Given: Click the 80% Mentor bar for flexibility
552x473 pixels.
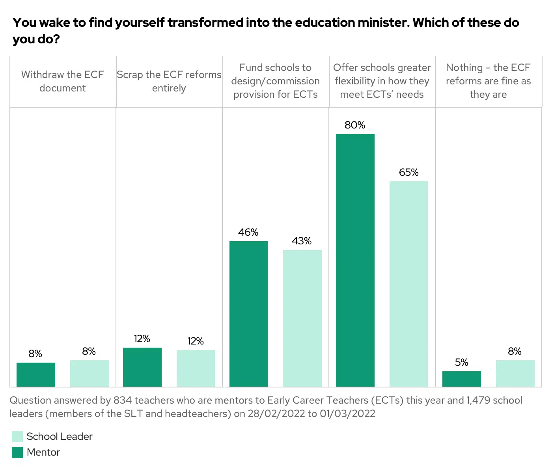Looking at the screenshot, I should [x=355, y=260].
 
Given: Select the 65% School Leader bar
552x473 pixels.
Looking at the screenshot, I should [x=408, y=284].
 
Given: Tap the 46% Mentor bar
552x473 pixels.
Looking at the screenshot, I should [x=248, y=314].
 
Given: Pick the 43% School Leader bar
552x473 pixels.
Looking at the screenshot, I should [x=302, y=318].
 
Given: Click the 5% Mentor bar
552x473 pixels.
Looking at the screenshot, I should [x=461, y=379].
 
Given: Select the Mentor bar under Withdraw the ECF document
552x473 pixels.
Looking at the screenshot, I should [x=35, y=374].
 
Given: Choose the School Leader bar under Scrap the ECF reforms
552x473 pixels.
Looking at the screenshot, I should [x=196, y=368].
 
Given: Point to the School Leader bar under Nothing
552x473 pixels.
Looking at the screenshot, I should [x=515, y=373].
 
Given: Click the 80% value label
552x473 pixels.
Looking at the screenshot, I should [x=355, y=125].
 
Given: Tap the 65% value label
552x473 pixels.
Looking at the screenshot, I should [x=408, y=173].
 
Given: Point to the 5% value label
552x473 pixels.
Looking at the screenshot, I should [x=461, y=363].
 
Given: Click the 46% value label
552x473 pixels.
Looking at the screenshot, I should [x=248, y=233].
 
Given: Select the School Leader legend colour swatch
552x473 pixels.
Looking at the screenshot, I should [x=17, y=437].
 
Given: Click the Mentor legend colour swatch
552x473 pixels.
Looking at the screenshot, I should [x=17, y=453].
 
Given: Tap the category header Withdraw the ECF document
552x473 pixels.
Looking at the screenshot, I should [x=62, y=81].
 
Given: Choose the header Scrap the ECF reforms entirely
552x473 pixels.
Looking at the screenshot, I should [x=169, y=81].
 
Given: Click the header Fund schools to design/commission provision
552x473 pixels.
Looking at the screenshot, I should [x=275, y=81].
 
